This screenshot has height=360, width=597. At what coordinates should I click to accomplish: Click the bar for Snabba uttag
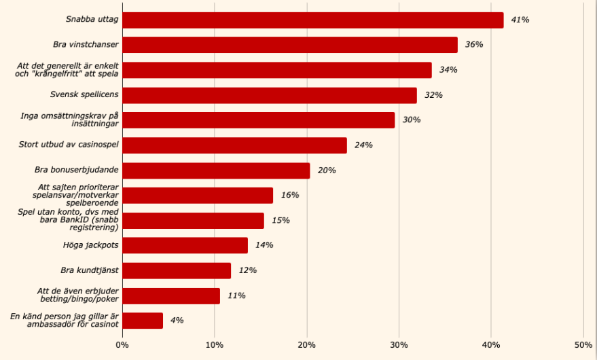[312, 20]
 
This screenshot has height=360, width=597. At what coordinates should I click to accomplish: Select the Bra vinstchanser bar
[290, 45]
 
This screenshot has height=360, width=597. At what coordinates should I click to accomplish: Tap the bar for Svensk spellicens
[270, 95]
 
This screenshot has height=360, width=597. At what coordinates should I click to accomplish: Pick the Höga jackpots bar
[185, 245]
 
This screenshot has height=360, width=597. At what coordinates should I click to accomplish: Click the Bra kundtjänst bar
[177, 270]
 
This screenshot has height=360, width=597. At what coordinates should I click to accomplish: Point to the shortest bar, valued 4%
[143, 321]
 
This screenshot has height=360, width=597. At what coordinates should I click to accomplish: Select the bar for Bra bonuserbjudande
[216, 170]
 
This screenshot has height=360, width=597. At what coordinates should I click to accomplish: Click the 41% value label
[520, 20]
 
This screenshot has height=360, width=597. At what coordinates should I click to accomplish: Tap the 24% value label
[363, 145]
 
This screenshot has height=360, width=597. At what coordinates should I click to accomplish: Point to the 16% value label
[290, 196]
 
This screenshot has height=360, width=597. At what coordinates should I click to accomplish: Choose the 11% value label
[237, 295]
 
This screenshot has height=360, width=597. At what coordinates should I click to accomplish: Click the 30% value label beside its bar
[412, 120]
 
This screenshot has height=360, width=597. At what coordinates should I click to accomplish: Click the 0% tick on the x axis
[122, 345]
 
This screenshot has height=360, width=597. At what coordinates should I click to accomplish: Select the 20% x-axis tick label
[307, 345]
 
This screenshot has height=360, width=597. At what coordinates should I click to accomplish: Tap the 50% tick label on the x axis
[583, 345]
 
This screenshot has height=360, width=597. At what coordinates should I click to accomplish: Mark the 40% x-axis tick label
[491, 345]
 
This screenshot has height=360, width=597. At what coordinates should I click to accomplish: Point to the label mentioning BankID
[68, 220]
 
